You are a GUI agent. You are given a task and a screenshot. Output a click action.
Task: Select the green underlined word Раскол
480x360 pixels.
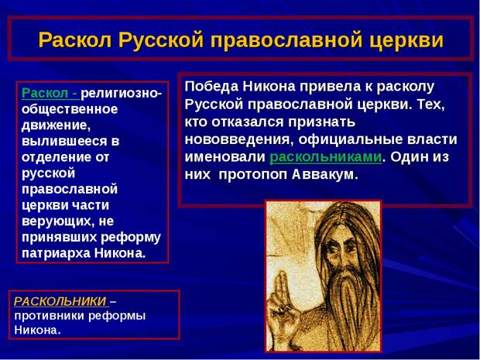[45, 93]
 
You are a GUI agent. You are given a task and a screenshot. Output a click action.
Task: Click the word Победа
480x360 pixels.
[212, 87]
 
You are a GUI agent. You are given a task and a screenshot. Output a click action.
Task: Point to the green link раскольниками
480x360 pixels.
[326, 156]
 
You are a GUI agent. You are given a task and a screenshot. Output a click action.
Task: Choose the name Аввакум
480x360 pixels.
[325, 174]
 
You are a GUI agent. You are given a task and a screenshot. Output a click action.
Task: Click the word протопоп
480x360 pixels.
[253, 176]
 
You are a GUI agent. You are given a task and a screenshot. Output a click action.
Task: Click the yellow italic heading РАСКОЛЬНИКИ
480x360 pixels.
[60, 301]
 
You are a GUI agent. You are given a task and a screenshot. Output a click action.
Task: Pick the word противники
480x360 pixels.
[49, 317]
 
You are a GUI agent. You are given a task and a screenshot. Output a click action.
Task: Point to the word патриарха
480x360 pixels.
[56, 254]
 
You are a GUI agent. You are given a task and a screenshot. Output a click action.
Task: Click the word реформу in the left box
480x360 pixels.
[131, 238]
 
